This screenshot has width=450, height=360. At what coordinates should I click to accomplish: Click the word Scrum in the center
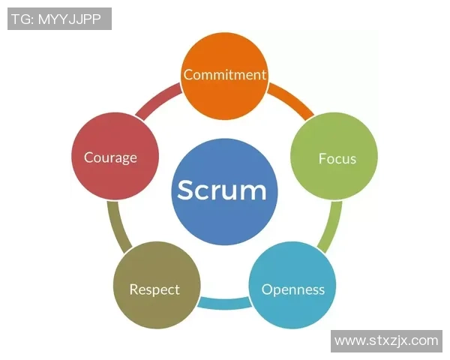pyautogui.click(x=222, y=190)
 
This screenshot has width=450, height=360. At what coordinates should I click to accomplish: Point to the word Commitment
pyautogui.click(x=225, y=74)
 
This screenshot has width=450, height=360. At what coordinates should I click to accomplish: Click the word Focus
pyautogui.click(x=337, y=158)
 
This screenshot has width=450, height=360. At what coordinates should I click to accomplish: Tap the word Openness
pyautogui.click(x=292, y=289)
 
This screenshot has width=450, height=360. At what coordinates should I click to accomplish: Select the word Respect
pyautogui.click(x=154, y=289)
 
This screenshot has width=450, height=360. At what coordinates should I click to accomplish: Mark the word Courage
pyautogui.click(x=110, y=157)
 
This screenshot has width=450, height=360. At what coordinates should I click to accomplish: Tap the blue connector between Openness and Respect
pyautogui.click(x=224, y=304)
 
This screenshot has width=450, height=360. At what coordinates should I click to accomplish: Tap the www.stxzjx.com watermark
pyautogui.click(x=386, y=340)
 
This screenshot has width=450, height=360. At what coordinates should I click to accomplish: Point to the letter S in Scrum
pyautogui.click(x=186, y=190)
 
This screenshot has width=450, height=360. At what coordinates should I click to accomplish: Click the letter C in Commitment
pyautogui.click(x=188, y=74)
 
